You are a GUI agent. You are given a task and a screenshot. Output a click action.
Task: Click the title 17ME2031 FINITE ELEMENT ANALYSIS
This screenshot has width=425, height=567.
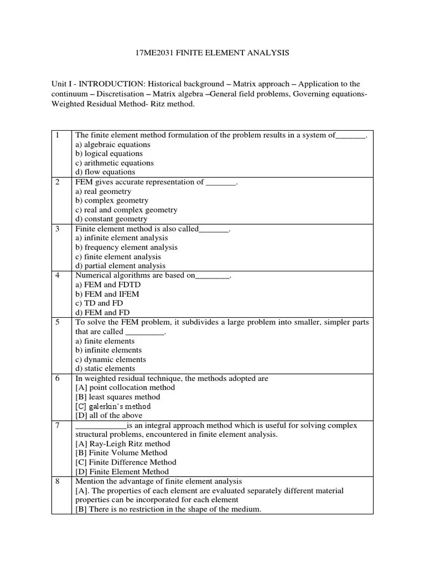[212, 53]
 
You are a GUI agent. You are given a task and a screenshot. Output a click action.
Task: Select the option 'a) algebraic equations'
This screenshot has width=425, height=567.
[113, 145]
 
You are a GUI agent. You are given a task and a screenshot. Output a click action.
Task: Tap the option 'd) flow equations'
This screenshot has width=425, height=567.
[105, 172]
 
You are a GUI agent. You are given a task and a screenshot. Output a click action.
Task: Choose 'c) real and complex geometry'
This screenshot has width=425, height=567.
[126, 210]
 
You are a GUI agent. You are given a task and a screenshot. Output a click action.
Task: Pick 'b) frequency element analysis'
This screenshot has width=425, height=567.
[126, 248]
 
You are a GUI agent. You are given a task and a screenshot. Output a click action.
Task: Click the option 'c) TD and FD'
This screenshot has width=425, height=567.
[99, 303]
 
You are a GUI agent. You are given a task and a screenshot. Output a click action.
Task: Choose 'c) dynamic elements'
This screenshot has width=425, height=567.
[111, 359]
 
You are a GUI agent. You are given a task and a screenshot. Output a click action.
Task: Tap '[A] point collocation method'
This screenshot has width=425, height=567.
[125, 388]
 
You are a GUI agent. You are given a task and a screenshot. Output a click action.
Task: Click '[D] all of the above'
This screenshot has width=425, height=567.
[108, 415]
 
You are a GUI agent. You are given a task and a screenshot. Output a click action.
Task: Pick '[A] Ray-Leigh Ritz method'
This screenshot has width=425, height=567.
[123, 444]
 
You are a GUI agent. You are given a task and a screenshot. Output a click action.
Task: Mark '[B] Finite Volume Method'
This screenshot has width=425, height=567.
[121, 453]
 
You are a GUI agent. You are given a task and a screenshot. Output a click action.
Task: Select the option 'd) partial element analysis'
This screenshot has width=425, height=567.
[120, 266]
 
